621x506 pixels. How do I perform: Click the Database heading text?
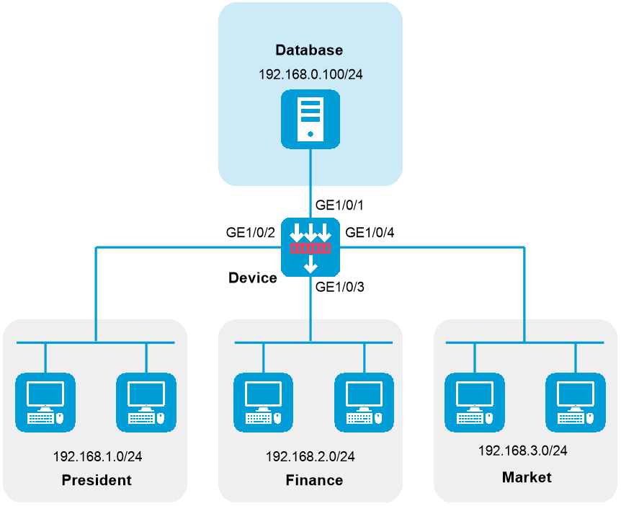309,50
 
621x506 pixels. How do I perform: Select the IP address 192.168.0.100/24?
310,74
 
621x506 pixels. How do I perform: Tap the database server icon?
310,119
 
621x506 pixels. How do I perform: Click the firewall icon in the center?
310,248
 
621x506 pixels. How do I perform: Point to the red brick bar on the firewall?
310,249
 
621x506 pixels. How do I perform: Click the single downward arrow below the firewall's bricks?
310,265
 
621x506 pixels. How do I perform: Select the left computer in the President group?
45,402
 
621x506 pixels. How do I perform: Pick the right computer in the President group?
146,402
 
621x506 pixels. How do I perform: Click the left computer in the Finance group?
263,402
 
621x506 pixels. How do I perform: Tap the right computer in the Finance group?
364,402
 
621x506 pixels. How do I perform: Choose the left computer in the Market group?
475,402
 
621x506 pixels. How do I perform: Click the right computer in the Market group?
576,402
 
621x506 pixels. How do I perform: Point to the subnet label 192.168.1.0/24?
97,457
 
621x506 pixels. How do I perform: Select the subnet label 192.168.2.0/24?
310,457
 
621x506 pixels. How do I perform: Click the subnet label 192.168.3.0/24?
523,450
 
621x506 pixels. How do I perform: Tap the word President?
97,480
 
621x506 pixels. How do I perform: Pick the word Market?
527,477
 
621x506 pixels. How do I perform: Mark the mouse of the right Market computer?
590,418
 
